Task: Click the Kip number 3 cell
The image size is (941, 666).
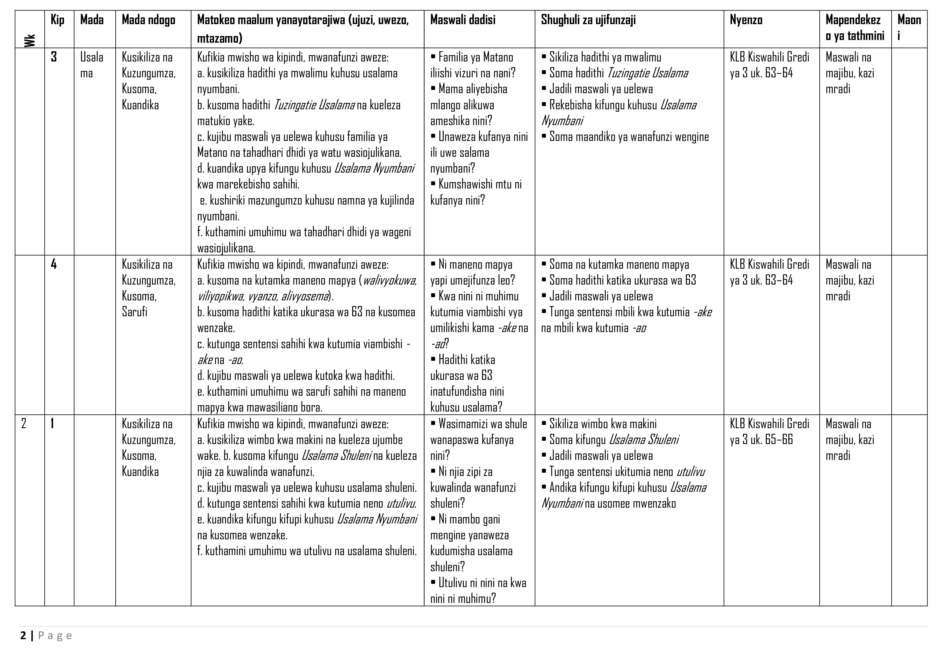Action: pos(54,57)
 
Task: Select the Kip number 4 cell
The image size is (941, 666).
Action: pos(54,264)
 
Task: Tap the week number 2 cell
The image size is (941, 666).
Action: pos(24,424)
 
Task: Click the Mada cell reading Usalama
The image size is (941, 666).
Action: pos(91,65)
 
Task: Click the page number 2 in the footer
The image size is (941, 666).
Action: pos(23,636)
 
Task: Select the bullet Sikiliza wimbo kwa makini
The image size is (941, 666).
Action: pos(602,424)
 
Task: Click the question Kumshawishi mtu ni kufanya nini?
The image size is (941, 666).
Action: pos(476,192)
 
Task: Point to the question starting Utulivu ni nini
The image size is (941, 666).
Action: pos(478,591)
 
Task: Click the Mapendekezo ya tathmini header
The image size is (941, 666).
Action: pos(855,28)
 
